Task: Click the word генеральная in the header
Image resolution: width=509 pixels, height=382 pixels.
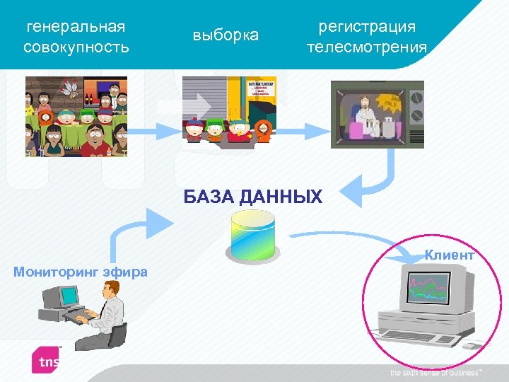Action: pos(76,27)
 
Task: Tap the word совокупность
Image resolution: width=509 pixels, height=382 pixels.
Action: pos(76,47)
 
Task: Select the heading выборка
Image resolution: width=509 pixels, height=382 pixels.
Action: pos(226,35)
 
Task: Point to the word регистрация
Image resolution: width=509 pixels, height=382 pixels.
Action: pos(367,27)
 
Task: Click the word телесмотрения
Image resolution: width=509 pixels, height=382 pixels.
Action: pos(367,47)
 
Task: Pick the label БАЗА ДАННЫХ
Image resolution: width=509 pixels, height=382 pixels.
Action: pos(252,197)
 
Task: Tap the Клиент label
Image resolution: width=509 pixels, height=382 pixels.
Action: pos(449,255)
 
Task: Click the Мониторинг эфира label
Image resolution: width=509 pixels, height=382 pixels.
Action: pos(81,271)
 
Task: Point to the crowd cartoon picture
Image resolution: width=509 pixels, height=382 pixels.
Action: pos(76,116)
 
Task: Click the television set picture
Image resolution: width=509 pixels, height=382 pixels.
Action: pos(378,114)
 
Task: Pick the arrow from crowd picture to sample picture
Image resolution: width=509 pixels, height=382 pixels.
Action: pos(155,129)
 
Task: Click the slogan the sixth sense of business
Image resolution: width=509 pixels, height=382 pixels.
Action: pos(435,373)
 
